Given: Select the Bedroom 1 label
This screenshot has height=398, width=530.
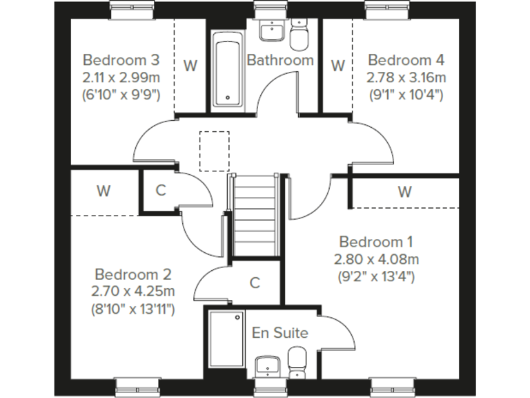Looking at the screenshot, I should pos(376,242).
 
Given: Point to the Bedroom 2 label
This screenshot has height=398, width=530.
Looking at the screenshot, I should pos(133,274).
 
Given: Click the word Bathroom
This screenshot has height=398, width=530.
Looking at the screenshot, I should pos(280,60).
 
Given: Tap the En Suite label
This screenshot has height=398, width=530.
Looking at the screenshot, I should pos(279,333).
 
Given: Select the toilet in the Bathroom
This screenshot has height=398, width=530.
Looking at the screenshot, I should pos(299,35).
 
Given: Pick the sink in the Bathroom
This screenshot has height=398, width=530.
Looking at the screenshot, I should pos(271,30).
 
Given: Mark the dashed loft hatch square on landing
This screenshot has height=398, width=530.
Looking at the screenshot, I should pos(215,151).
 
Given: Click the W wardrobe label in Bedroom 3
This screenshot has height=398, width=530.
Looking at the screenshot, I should pos(190,66).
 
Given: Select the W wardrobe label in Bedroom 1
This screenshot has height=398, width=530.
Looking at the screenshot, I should pos(404,191).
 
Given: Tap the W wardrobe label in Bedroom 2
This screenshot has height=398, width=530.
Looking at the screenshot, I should pos(104,191).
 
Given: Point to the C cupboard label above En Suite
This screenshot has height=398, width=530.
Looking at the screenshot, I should pos(255,282).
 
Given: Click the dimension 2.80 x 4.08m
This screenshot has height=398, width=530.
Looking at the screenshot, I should pos(376,260).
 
